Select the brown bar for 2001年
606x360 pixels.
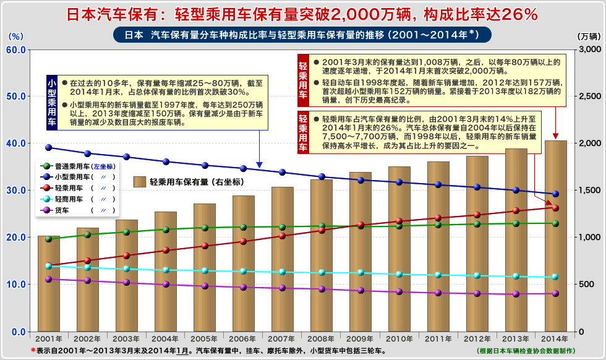(48, 291)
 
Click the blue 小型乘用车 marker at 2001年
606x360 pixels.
(48, 148)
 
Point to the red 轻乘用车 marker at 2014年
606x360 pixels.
(555, 208)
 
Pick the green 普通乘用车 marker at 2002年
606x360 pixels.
(87, 234)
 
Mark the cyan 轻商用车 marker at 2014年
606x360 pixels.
(555, 277)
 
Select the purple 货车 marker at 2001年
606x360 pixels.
(48, 280)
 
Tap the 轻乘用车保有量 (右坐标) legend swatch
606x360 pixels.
(139, 182)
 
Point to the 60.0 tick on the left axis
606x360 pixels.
(15, 49)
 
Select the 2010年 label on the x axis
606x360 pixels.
(399, 339)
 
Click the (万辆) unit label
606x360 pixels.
(589, 36)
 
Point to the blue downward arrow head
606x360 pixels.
(260, 164)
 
